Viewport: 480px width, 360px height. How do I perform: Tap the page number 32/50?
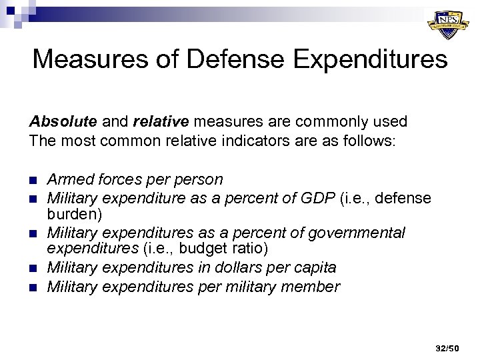(x=447, y=348)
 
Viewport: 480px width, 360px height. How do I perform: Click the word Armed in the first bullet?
(x=71, y=180)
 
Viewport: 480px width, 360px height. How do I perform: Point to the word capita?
(x=313, y=267)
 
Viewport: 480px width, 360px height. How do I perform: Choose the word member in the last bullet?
(x=314, y=287)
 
